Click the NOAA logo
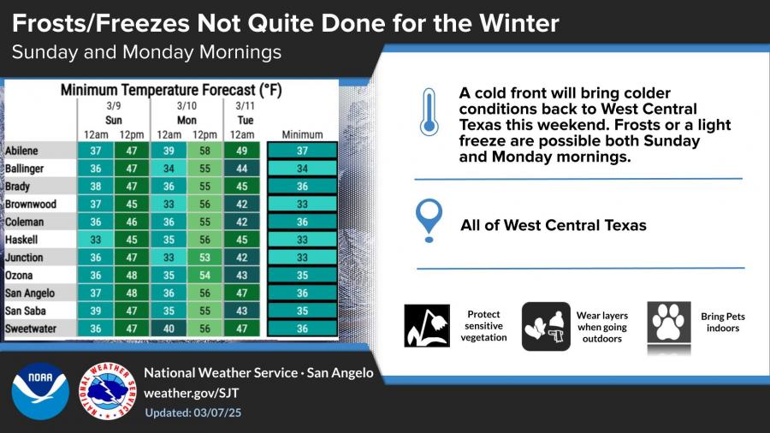(x=40, y=391)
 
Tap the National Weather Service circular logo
(x=108, y=391)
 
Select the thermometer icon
(x=429, y=112)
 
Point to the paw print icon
(x=669, y=322)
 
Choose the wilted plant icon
(x=427, y=325)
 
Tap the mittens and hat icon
(x=546, y=327)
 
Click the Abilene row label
(x=21, y=151)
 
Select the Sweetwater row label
(x=31, y=329)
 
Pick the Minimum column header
(x=302, y=134)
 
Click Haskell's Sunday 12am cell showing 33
(x=96, y=240)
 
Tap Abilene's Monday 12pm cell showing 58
(x=204, y=151)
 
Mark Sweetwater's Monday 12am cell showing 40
(x=169, y=329)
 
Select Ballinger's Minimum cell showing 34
(x=302, y=169)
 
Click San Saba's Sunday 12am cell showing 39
(x=96, y=311)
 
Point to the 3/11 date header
(x=245, y=105)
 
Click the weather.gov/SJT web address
(x=191, y=393)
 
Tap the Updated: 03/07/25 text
(x=193, y=412)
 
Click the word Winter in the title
(x=519, y=23)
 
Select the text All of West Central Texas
(x=554, y=225)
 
